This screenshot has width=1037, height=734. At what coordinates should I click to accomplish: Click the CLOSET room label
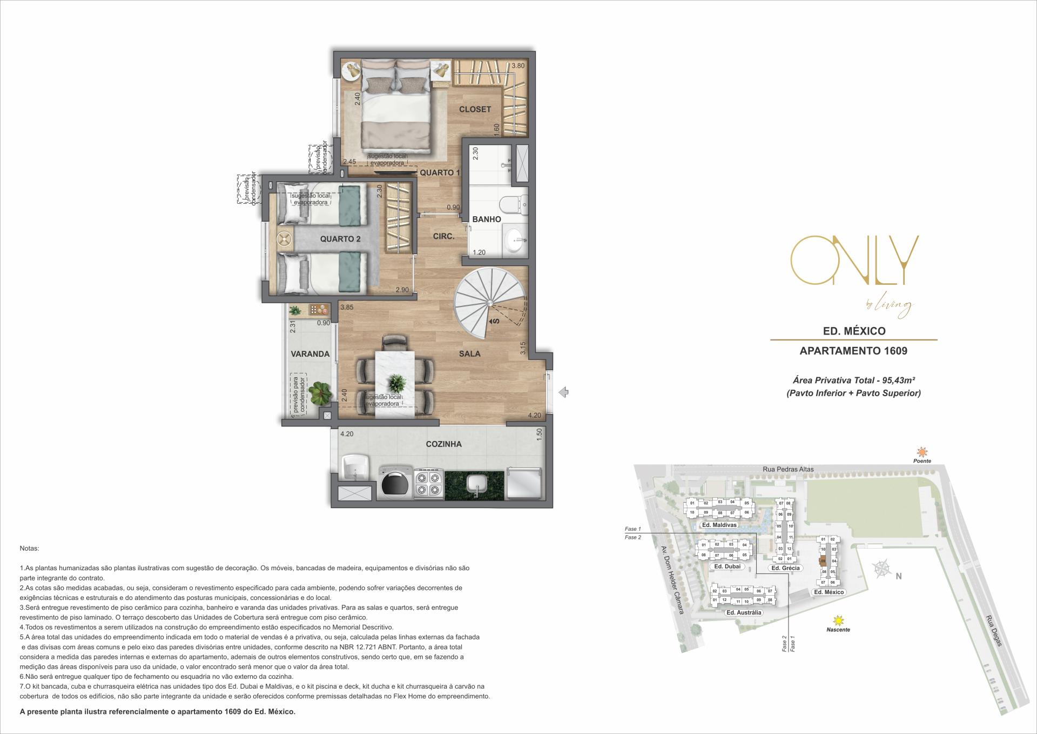[475, 109]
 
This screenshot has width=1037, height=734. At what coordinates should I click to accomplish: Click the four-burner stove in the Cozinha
[428, 484]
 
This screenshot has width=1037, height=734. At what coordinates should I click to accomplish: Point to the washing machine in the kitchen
[395, 483]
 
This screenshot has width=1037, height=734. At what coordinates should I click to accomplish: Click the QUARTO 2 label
[340, 239]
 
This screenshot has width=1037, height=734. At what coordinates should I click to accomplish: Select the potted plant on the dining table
[398, 383]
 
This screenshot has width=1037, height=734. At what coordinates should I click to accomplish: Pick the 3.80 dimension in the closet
[518, 66]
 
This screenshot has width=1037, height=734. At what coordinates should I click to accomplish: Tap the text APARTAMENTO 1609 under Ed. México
[853, 351]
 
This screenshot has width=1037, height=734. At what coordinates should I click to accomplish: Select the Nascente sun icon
[838, 620]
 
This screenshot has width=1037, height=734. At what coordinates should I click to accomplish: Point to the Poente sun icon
[922, 452]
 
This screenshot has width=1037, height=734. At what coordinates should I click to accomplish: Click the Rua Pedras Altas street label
[789, 469]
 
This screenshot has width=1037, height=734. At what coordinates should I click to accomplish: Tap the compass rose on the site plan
[882, 569]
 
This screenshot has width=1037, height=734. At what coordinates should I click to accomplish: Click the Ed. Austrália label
[744, 612]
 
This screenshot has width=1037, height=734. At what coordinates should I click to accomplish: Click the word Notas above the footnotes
[29, 548]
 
